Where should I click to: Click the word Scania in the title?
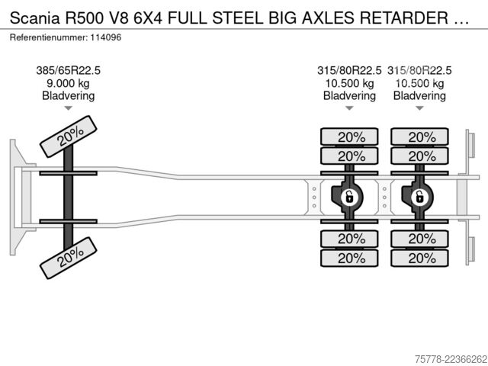34,18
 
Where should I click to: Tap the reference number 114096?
106,37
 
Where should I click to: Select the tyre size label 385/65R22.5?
68,71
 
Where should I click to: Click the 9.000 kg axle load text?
68,83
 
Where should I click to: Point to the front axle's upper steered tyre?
69,136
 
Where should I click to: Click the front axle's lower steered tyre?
69,258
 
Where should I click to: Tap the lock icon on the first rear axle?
350,197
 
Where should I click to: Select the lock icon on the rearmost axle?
420,197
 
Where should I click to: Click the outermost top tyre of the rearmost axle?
420,136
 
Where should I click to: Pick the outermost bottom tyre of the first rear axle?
349,258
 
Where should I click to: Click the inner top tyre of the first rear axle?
349,156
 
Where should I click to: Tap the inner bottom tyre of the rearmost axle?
420,239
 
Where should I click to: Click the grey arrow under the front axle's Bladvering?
68,108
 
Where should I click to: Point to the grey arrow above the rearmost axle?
419,108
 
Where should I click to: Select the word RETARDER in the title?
404,18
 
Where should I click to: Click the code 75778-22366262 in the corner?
451,359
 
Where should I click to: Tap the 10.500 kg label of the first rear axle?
349,83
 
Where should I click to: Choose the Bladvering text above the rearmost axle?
419,96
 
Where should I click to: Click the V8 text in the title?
118,18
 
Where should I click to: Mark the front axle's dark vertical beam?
68,197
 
